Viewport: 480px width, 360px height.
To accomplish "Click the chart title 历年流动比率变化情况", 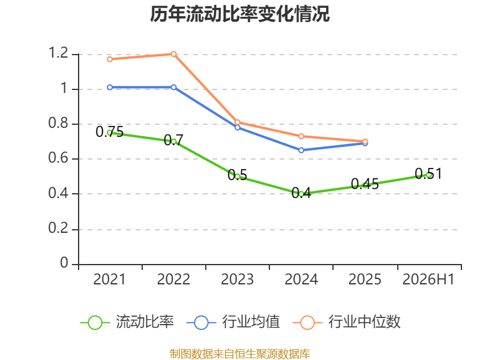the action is point(239,14).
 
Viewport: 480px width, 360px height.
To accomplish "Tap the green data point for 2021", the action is point(110,133).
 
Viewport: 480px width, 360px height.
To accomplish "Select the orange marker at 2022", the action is point(173,54).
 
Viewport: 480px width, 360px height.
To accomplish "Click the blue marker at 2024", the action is point(301,151).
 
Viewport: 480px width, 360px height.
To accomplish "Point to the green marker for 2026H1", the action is point(429,175).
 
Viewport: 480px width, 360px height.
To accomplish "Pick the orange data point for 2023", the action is point(237,122).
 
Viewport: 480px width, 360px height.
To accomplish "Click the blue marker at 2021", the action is point(110,88).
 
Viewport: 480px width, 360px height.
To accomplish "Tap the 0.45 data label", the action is point(365,184).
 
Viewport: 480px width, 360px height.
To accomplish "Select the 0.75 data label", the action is point(110,131).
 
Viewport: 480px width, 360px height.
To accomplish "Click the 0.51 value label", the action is point(428,173).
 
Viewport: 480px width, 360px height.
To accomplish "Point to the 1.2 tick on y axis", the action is point(58,53).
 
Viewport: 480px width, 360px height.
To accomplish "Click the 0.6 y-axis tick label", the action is point(58,158).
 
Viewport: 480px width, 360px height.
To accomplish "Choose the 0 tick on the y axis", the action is point(64,263).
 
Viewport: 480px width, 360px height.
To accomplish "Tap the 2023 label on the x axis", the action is point(237,279).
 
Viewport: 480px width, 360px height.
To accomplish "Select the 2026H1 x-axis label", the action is point(428,279).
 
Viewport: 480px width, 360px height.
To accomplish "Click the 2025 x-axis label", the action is point(365,279).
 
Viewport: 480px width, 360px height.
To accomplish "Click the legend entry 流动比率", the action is point(127,322).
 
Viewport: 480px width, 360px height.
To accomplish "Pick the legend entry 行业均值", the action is point(233,322).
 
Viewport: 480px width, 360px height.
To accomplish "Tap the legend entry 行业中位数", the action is point(346,322).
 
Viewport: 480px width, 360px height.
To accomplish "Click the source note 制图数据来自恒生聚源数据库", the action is point(240,354).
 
